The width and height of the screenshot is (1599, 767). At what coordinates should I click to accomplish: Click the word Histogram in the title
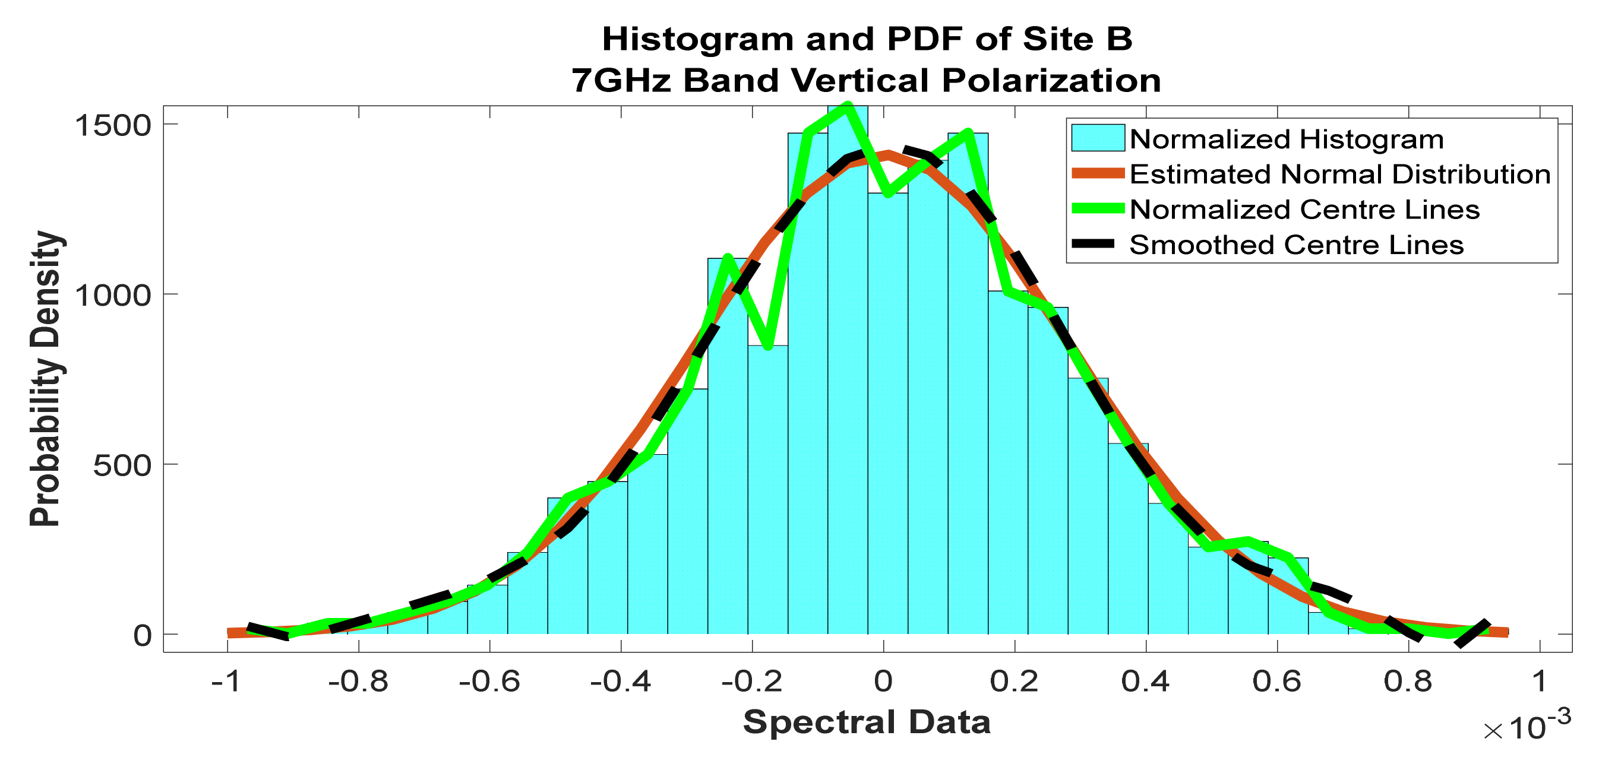[x=697, y=40]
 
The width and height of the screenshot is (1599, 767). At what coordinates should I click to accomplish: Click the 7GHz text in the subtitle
[x=621, y=81]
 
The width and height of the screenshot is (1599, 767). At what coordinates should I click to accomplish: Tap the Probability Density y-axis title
[x=46, y=379]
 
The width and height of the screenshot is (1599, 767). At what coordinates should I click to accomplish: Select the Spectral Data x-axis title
[x=867, y=722]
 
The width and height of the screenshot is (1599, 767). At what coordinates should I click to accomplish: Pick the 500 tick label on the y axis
[x=122, y=465]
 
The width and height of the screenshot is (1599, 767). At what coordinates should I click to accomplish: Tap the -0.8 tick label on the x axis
[x=358, y=682]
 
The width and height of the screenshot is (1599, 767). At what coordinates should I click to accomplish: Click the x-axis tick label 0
[x=883, y=682]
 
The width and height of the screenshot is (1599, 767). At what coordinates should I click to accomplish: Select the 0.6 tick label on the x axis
[x=1277, y=682]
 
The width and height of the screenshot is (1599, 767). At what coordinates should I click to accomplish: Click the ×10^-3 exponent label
[x=1527, y=726]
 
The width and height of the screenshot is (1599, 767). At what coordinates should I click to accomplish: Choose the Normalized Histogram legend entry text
[x=1286, y=139]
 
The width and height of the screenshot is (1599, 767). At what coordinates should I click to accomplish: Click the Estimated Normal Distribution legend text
[x=1339, y=175]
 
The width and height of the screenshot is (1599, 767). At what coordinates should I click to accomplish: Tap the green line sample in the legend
[x=1098, y=209]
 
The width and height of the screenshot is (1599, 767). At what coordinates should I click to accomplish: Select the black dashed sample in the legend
[x=1098, y=245]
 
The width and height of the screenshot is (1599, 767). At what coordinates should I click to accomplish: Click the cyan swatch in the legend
[x=1098, y=138]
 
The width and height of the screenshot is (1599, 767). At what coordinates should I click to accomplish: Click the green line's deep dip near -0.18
[x=769, y=346]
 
